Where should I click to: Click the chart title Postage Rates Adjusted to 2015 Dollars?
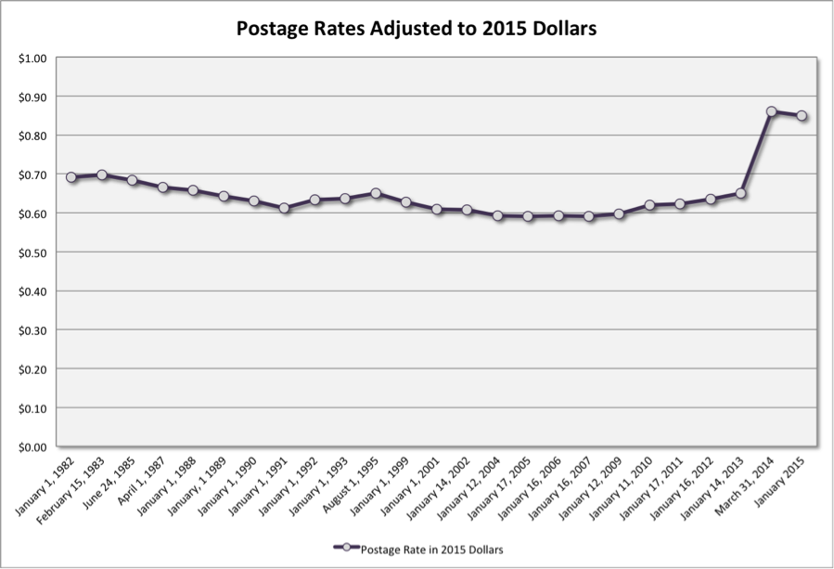tap(417, 29)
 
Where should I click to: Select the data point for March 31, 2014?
tap(771, 111)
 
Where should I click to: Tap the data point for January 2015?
tap(802, 116)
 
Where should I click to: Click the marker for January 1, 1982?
tap(71, 177)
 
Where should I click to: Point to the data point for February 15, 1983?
tap(102, 175)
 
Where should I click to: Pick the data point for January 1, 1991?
tap(285, 208)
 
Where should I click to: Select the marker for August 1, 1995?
tap(376, 193)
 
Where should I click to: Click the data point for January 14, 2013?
tap(741, 193)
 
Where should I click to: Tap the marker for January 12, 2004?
tap(498, 215)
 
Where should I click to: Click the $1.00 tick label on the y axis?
tap(32, 58)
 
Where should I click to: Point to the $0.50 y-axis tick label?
tap(32, 252)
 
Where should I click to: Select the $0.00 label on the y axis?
tap(32, 446)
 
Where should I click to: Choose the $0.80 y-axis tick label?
tap(32, 136)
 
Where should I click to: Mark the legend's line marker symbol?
tap(346, 546)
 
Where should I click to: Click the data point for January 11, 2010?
tap(649, 205)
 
